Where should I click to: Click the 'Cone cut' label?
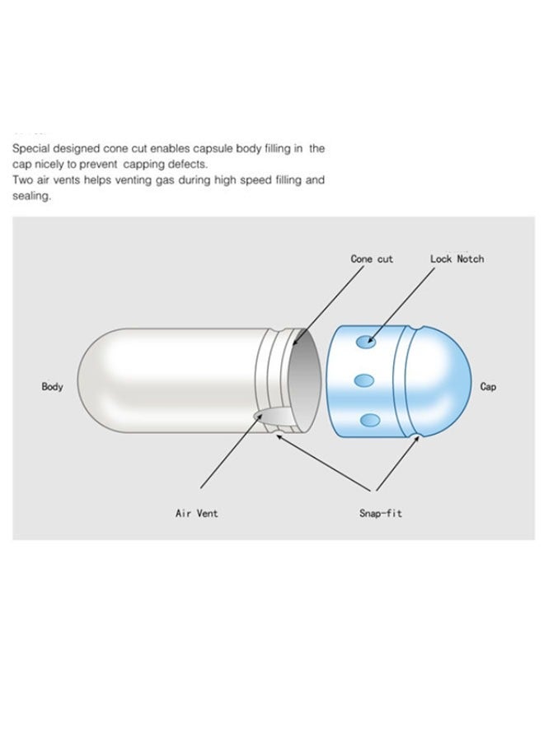[x=372, y=259]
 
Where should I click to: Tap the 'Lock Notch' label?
[x=457, y=259]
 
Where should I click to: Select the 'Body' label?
[x=53, y=386]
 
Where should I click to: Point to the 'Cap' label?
[x=488, y=386]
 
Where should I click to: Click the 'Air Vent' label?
[x=197, y=514]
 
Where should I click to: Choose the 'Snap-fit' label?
[x=381, y=514]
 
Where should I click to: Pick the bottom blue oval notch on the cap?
[x=370, y=420]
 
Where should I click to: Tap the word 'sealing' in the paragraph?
[x=30, y=196]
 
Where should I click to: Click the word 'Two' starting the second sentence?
[x=21, y=179]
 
